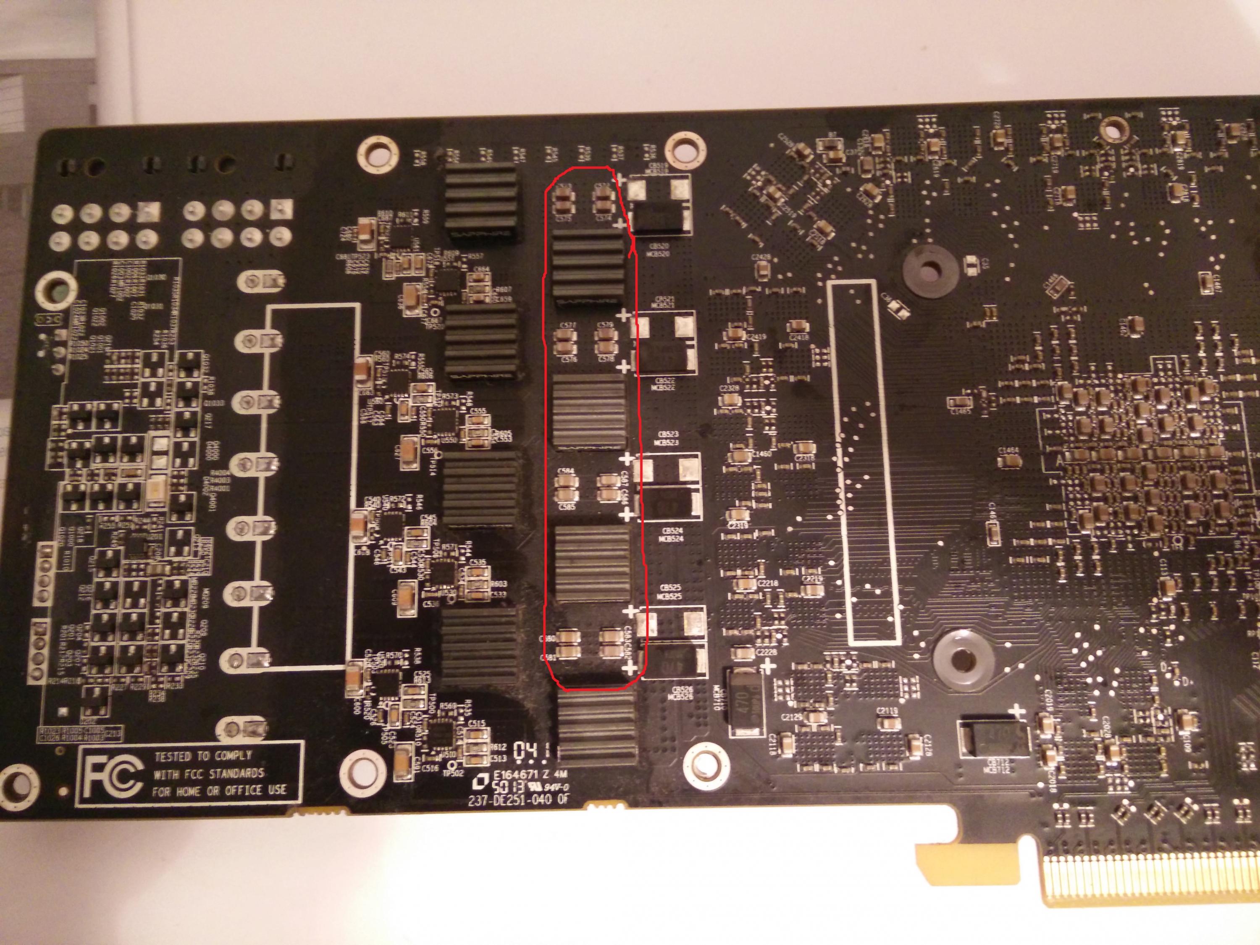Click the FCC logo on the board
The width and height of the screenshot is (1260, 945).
[x=112, y=774]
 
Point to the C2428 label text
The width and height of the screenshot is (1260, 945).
[x=761, y=257]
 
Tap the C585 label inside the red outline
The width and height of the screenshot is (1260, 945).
[x=567, y=507]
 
